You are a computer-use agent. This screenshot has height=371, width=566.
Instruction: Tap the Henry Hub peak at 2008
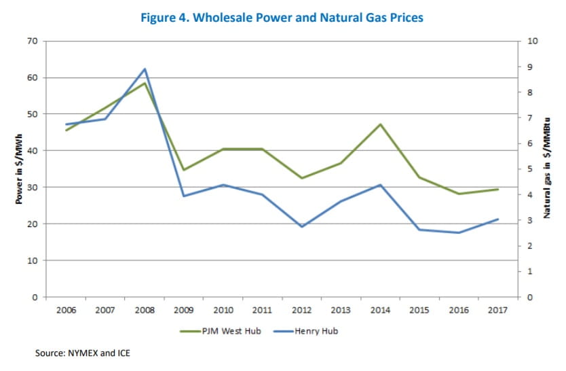coord(145,69)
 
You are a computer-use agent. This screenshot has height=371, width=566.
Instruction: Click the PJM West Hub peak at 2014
coord(380,124)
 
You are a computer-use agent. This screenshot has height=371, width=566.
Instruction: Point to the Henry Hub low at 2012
coord(301,226)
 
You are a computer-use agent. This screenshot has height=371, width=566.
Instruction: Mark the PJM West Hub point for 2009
coord(184,170)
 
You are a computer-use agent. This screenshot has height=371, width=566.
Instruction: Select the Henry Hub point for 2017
coord(498,219)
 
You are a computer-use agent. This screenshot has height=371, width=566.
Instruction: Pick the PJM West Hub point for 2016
coord(459,194)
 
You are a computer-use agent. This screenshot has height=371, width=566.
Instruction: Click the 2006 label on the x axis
coord(66,311)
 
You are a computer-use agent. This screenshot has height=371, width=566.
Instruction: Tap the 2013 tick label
coord(341,311)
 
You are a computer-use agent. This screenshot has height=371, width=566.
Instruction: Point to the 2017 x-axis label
coord(498,311)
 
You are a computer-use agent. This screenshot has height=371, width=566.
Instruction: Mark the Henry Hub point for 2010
coord(223,185)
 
